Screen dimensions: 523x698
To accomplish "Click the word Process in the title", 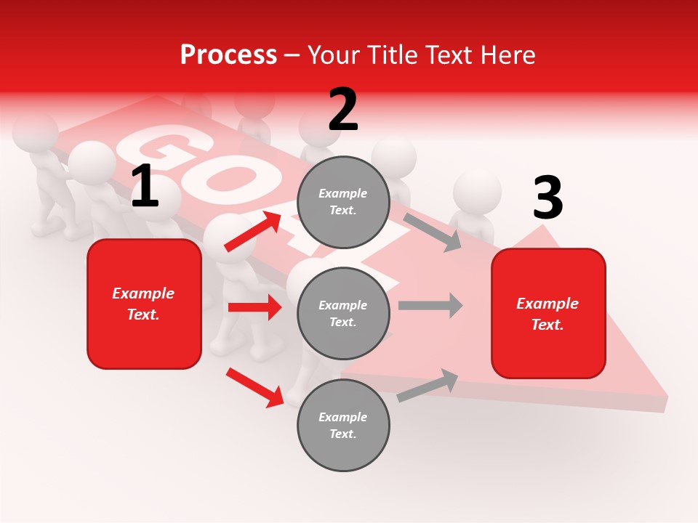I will [228, 54].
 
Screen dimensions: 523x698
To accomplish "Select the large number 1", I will [145, 187].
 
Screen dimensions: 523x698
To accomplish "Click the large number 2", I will [343, 110].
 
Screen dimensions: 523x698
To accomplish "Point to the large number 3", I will [547, 198].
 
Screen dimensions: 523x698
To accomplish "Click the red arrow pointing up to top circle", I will [253, 231].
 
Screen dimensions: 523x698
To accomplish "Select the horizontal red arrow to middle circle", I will [254, 307].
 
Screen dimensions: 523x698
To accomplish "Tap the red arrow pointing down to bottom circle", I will [254, 386].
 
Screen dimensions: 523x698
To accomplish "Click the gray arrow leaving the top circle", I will [432, 232].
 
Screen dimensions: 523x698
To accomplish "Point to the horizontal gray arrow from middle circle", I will [430, 305].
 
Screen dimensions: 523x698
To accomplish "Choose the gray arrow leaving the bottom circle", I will [428, 386].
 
